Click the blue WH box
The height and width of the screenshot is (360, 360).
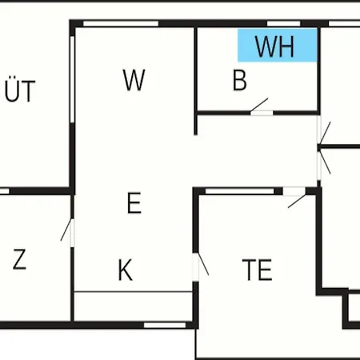[278, 46]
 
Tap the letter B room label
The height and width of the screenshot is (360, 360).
[240, 80]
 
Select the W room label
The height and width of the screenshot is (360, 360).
[134, 80]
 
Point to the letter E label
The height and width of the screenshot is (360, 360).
[134, 203]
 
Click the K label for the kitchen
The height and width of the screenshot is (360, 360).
[125, 270]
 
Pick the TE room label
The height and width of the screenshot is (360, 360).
[257, 270]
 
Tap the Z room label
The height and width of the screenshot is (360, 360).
[19, 259]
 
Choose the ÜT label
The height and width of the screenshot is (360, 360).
[20, 90]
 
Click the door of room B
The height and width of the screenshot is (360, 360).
[259, 106]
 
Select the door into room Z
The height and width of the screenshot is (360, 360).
[68, 232]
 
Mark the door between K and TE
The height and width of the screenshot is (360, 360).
[201, 266]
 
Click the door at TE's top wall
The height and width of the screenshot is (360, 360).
[297, 198]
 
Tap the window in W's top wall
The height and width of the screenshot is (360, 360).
[121, 23]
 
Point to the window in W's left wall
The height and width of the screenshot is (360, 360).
[72, 79]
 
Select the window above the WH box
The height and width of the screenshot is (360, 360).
[284, 23]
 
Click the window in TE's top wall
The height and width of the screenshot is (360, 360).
[240, 191]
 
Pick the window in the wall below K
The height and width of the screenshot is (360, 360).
[165, 325]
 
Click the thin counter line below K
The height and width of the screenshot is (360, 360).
[133, 292]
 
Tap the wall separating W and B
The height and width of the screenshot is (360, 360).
[195, 81]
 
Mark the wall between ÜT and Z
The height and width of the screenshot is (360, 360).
[38, 191]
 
